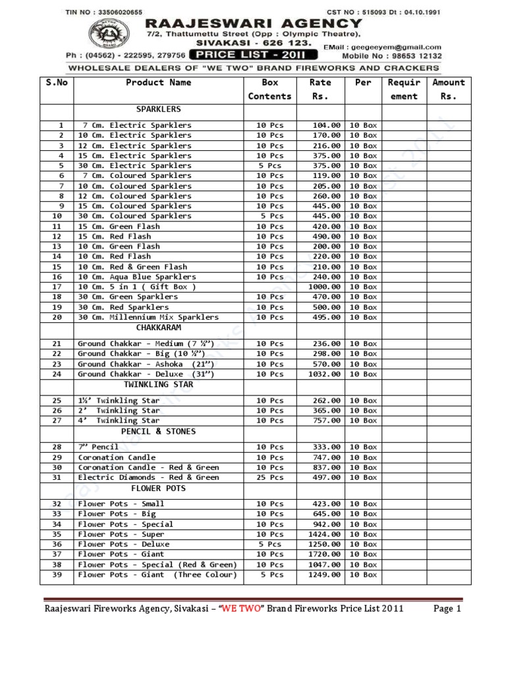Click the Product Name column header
[158, 83]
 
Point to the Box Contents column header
[269, 90]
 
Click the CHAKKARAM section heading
[158, 328]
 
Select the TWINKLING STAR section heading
[158, 384]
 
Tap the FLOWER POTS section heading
[158, 489]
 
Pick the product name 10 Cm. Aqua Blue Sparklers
[136, 277]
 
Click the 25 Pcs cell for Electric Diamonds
[269, 477]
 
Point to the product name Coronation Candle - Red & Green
[148, 467]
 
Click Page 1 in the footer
[447, 609]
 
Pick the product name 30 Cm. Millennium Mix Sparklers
[148, 317]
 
